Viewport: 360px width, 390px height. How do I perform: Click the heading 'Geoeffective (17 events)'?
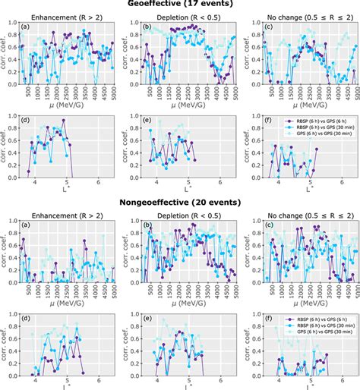[179, 5]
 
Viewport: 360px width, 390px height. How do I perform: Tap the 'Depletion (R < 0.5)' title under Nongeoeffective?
[185, 212]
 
